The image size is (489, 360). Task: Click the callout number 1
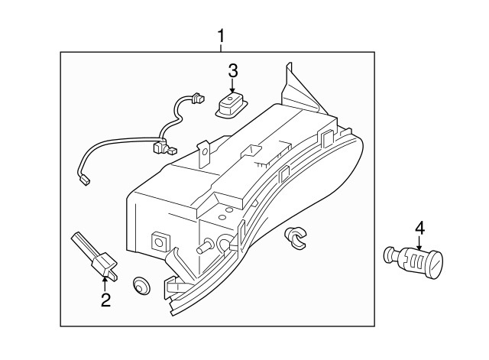coord(221,37)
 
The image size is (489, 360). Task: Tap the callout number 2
coord(105,300)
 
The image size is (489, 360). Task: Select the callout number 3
coord(232,71)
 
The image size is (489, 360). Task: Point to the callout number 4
coord(419,228)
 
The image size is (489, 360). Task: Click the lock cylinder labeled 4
coord(413,261)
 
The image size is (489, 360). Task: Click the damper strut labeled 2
coord(94,255)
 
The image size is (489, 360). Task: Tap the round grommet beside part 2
coord(141,285)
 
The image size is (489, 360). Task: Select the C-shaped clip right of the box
coord(296,238)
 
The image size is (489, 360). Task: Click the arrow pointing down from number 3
coord(232,86)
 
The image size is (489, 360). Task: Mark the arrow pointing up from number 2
coord(105,285)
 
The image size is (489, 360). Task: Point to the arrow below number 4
coord(419,243)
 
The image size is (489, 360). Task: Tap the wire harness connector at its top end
coord(199,98)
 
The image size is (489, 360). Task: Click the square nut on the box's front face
coord(160,242)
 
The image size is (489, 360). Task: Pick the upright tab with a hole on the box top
coord(204,154)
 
